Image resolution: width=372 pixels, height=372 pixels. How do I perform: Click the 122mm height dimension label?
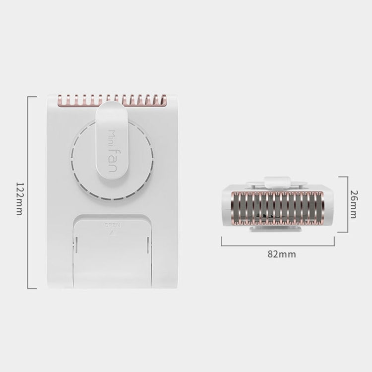point(19,198)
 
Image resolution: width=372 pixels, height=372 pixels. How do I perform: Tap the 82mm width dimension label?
point(282,254)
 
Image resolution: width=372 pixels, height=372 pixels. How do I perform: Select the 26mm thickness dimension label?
point(354,204)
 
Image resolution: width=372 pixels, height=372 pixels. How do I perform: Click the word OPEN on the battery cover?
point(113,225)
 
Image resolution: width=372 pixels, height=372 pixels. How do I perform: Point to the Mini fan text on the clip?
point(112,151)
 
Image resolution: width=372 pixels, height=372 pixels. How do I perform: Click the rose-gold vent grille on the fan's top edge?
point(112,100)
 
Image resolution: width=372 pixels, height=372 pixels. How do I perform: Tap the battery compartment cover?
point(112,251)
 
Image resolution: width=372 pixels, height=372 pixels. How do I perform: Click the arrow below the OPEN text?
point(111,233)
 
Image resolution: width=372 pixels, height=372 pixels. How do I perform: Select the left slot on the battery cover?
point(76,245)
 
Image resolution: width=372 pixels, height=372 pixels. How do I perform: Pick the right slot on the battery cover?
point(148,245)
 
